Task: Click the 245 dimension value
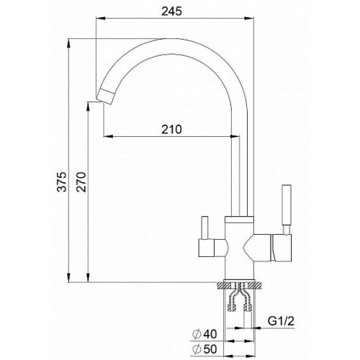(x=171, y=11)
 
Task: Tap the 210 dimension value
(x=171, y=130)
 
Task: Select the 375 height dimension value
(x=63, y=181)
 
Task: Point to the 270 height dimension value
(x=81, y=181)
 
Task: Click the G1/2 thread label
(x=281, y=321)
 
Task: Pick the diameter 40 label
(x=204, y=334)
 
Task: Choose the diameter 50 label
(x=204, y=349)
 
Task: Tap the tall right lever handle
(x=287, y=209)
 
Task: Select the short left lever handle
(x=204, y=228)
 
